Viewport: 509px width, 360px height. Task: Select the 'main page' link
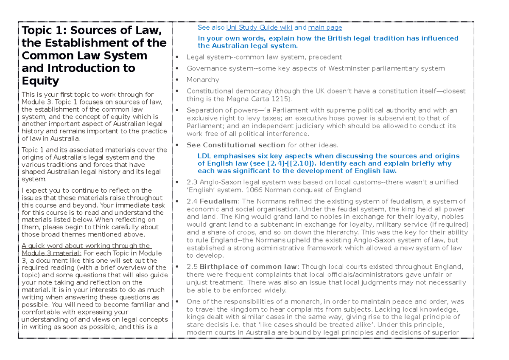tap(325, 28)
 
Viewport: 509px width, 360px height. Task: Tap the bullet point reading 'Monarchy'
tap(203, 80)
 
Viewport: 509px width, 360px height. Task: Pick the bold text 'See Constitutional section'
tap(236, 145)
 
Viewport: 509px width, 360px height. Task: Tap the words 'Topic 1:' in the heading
tap(45, 31)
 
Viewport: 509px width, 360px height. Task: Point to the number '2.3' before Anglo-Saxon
tap(192, 182)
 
